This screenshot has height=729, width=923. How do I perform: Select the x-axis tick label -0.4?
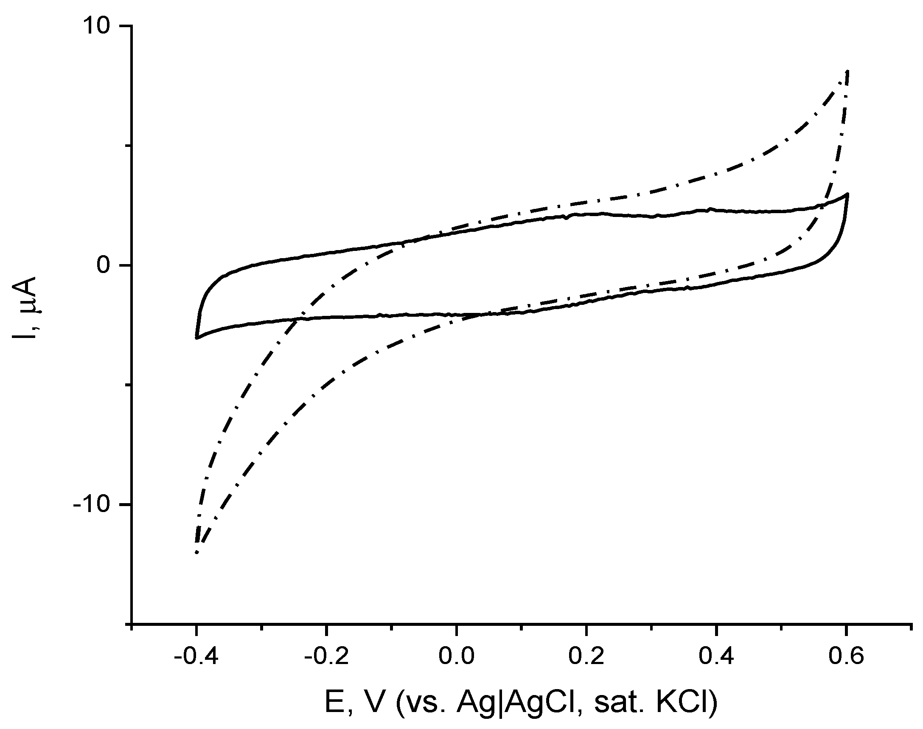pos(196,656)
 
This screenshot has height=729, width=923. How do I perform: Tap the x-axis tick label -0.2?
pos(326,656)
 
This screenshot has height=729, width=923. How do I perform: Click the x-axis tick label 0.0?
pos(456,656)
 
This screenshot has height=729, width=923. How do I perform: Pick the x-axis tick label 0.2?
pos(586,656)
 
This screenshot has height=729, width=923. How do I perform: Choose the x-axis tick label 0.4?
pos(717,656)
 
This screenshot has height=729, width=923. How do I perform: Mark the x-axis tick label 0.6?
pos(847,656)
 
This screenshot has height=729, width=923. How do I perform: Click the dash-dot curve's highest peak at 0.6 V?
pos(847,72)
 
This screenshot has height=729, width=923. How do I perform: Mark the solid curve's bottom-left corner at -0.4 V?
pos(196,338)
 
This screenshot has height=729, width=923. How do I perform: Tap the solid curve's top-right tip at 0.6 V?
pos(847,194)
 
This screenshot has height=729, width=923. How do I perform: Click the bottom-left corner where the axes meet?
pos(132,624)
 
